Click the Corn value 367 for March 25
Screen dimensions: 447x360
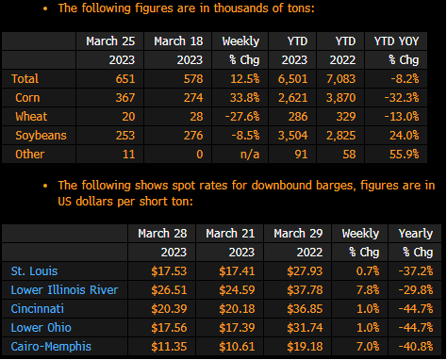(x=125, y=98)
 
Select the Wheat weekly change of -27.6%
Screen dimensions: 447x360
(x=242, y=117)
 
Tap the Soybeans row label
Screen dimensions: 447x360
(x=41, y=136)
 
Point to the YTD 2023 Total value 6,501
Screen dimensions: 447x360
(x=292, y=79)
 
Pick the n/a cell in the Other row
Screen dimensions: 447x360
(x=250, y=155)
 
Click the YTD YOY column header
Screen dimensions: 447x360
(x=396, y=41)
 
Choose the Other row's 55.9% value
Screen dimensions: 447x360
(x=404, y=155)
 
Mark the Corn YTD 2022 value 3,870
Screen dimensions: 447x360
(x=340, y=98)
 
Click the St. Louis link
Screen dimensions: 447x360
(x=34, y=271)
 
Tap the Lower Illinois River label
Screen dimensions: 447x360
(x=64, y=290)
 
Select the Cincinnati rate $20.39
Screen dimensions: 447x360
(x=169, y=309)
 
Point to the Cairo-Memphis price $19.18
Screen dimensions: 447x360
(x=305, y=347)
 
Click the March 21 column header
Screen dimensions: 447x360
(x=230, y=234)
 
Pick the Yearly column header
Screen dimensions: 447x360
(x=416, y=234)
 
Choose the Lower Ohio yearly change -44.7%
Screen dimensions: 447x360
(x=416, y=328)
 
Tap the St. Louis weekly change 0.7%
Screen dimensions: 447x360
(x=368, y=271)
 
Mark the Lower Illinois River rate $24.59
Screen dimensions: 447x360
(x=237, y=290)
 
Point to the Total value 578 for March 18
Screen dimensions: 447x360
(x=193, y=79)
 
